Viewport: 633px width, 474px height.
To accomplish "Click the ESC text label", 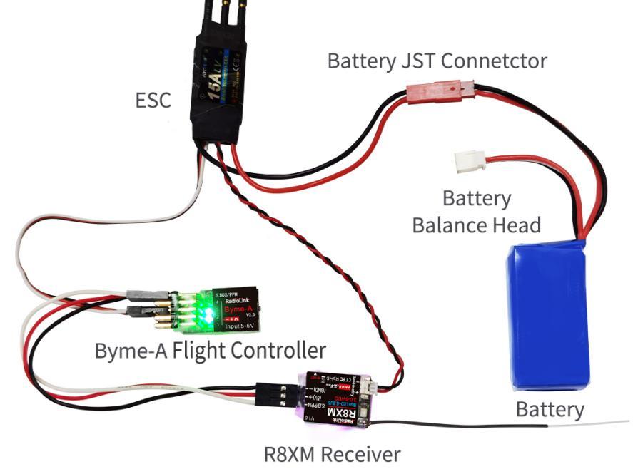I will [153, 101].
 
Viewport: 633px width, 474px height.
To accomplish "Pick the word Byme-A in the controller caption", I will [131, 351].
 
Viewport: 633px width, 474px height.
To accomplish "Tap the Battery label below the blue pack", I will [550, 410].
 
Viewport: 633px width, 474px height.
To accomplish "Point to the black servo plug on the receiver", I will [274, 393].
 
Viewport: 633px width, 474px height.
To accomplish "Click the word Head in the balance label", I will [518, 225].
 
